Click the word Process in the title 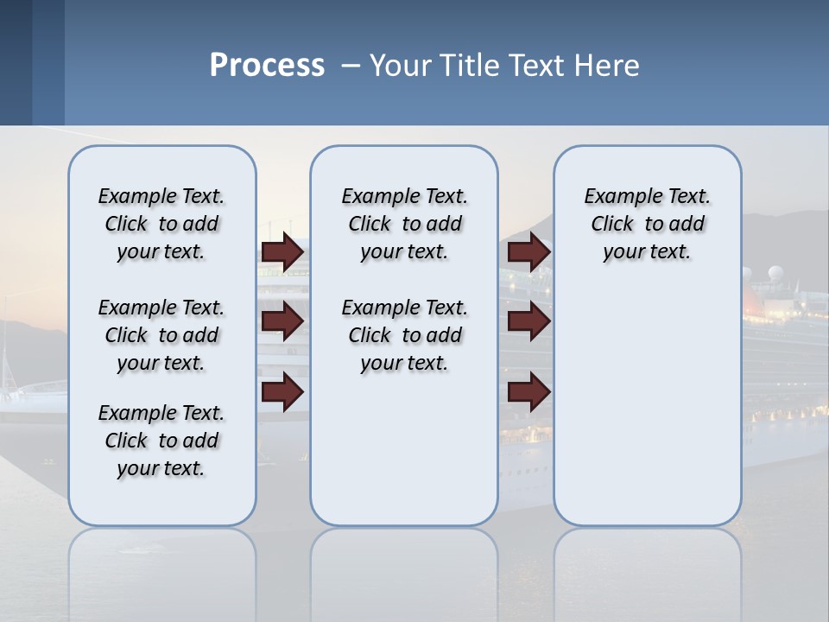267,66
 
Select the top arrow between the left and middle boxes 282,251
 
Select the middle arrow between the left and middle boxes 282,321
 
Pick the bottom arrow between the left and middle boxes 282,391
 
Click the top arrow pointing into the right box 528,251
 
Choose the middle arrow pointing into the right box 528,321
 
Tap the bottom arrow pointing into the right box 528,391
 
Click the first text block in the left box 161,224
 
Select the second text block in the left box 161,335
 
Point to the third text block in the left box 161,441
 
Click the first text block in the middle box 404,224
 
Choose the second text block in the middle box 404,335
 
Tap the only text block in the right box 647,224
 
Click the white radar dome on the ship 774,275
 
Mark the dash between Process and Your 351,66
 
